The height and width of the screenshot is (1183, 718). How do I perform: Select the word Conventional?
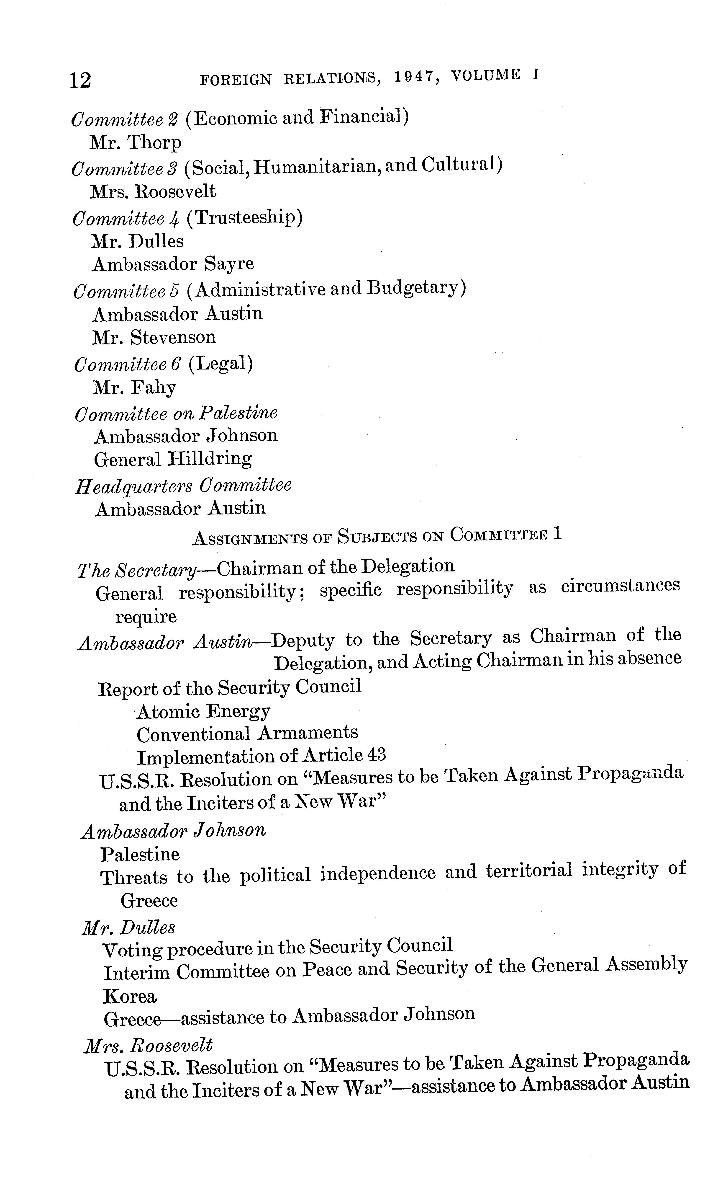(x=193, y=734)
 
